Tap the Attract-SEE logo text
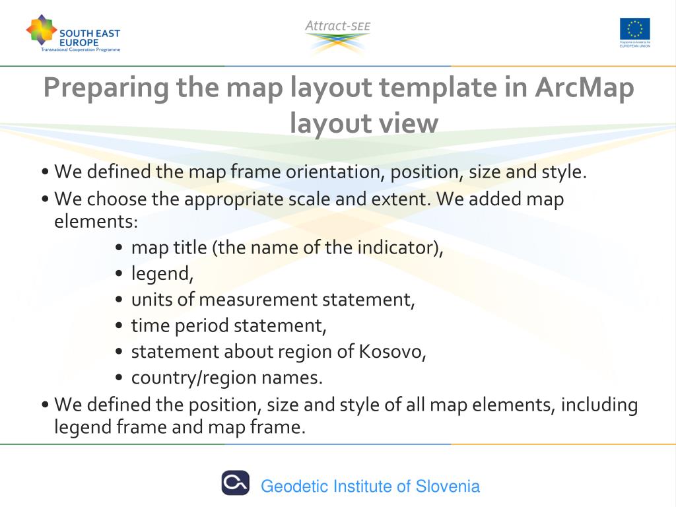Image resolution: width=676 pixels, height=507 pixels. (337, 26)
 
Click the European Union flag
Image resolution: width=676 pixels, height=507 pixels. (634, 28)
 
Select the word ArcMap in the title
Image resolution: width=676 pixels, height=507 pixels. (584, 88)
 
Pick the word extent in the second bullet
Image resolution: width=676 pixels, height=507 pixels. (405, 199)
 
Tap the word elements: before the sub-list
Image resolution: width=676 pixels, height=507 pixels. (96, 221)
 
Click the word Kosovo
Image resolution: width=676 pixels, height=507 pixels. (392, 352)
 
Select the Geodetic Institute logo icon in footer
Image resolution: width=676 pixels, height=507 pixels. (235, 483)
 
